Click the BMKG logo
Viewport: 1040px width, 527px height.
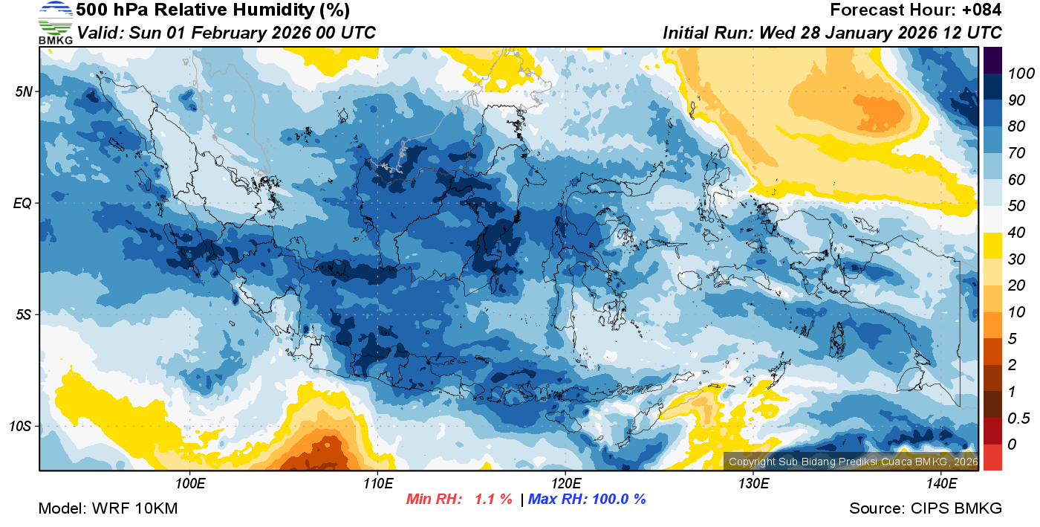click(55, 23)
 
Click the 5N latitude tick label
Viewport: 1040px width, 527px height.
click(25, 91)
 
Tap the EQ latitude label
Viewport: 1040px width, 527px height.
click(23, 203)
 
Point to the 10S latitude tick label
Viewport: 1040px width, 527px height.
click(22, 427)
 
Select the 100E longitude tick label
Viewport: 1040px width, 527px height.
click(190, 484)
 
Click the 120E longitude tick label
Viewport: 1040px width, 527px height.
click(565, 484)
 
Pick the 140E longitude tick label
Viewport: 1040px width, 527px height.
click(941, 484)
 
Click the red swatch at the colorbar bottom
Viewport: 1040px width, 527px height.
click(992, 456)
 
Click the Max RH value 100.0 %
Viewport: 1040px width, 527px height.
click(619, 499)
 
